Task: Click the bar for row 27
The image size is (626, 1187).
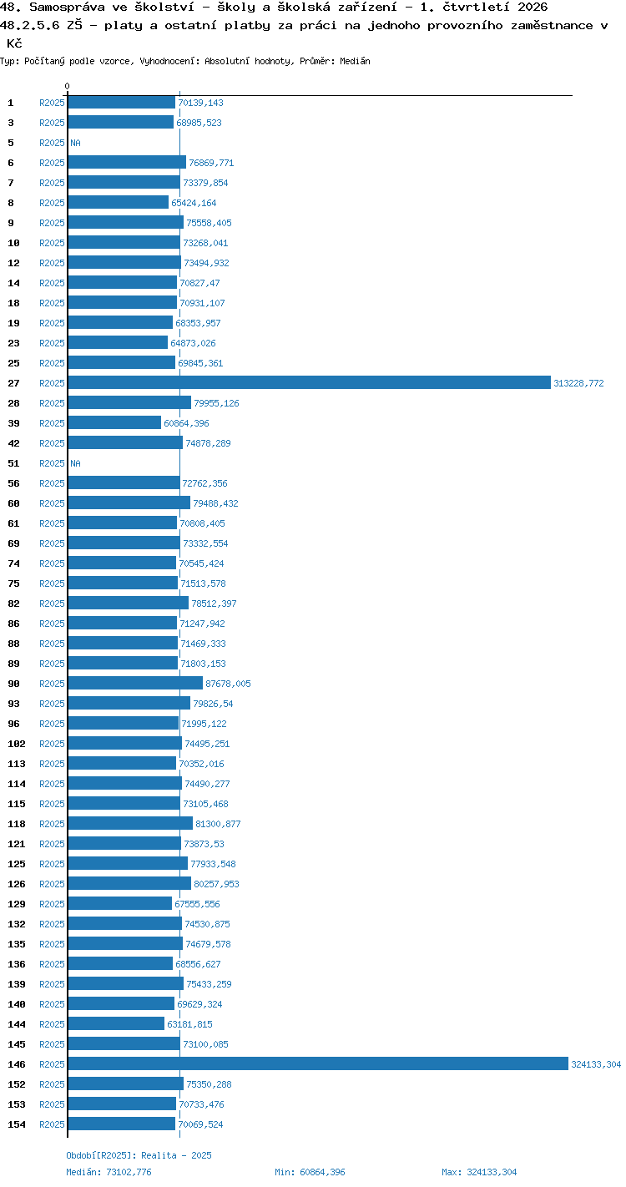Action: pos(310,382)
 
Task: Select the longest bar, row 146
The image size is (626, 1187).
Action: pos(318,1063)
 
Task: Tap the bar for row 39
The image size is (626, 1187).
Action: pos(114,422)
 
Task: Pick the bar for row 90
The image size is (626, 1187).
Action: pos(135,683)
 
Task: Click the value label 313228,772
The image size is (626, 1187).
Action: pos(578,383)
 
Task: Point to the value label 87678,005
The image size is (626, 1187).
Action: pos(228,684)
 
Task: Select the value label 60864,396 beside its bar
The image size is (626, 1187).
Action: pos(186,423)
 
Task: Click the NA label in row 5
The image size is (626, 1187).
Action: pos(75,143)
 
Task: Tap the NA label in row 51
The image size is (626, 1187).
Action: pos(75,463)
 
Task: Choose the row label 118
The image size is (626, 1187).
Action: pos(17,824)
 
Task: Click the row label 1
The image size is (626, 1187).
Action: pos(11,103)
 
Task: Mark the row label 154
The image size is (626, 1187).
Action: pos(17,1124)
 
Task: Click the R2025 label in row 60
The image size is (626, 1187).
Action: pos(52,503)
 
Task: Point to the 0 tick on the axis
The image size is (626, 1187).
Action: pos(67,86)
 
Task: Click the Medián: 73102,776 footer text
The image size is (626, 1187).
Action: pos(109,1172)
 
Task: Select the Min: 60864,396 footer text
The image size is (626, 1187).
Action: pos(310,1172)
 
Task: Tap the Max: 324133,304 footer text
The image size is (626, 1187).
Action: pos(479,1172)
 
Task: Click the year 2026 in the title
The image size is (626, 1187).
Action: pos(533,7)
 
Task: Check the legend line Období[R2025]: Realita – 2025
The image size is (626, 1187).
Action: pos(139,1155)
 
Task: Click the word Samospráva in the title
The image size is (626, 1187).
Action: pos(67,8)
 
